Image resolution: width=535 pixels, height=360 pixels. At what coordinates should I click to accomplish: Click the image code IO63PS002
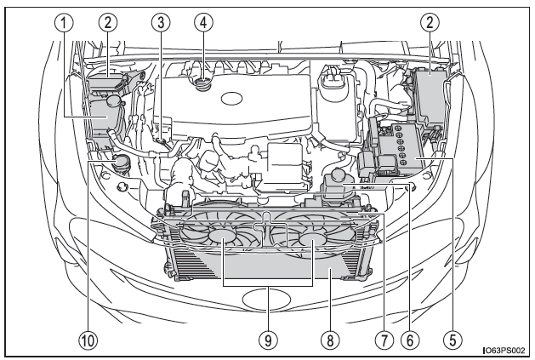point(505,350)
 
